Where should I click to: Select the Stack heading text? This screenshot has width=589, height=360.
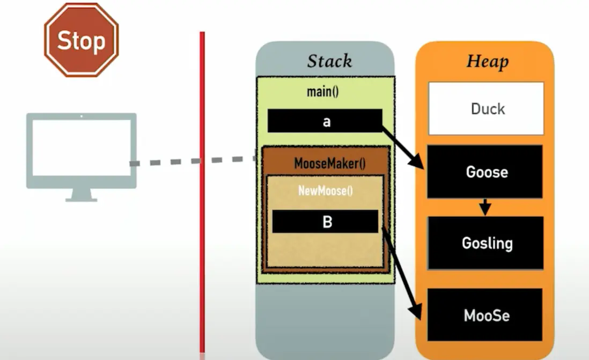point(329,61)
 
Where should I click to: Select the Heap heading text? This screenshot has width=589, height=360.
point(487,61)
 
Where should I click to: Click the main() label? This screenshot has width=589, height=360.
point(323,92)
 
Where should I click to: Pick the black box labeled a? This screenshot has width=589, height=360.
point(325,121)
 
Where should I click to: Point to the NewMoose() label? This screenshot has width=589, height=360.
point(326,190)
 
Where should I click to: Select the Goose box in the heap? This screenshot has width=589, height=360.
point(485,172)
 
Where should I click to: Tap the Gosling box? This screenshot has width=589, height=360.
point(486,243)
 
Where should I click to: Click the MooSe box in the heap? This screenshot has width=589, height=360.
point(485,314)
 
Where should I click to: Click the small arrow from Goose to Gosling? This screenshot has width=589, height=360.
point(485,207)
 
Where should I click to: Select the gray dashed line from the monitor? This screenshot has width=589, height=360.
point(193,160)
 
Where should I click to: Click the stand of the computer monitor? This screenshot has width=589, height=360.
point(81,196)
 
